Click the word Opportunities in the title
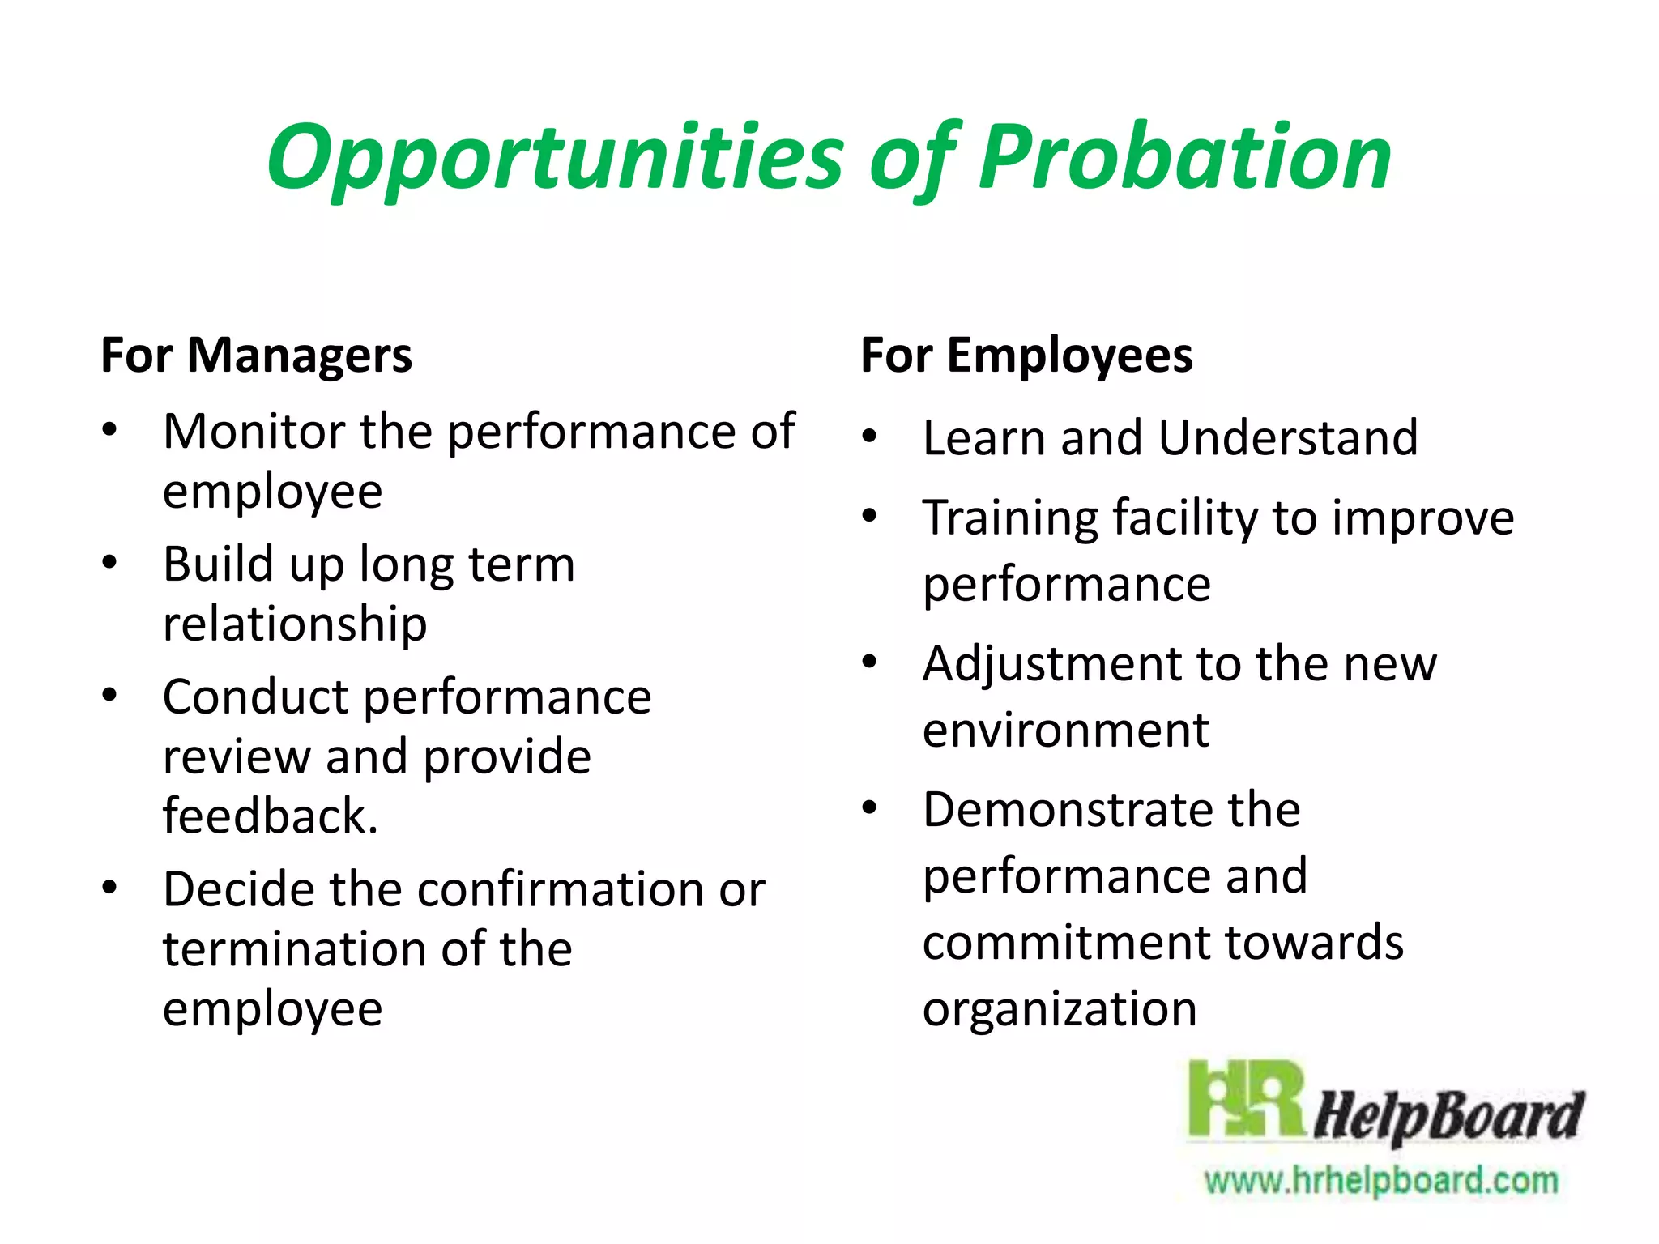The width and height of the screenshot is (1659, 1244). pos(556,158)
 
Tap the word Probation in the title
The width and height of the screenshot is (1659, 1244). pos(1184,158)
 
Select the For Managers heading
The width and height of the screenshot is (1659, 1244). pos(256,356)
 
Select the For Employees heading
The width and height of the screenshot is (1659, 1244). pos(1026,356)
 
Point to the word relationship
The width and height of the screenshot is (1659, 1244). pos(295,624)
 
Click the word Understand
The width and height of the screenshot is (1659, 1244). pos(1288,438)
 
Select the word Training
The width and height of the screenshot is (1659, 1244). pos(1010,518)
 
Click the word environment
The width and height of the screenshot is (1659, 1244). pos(1065,731)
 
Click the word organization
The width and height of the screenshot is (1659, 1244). pos(1060,1009)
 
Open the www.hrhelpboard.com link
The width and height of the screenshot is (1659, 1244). pos(1381,1180)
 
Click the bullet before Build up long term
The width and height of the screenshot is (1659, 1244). pos(110,562)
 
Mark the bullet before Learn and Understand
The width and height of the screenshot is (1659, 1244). pos(870,437)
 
